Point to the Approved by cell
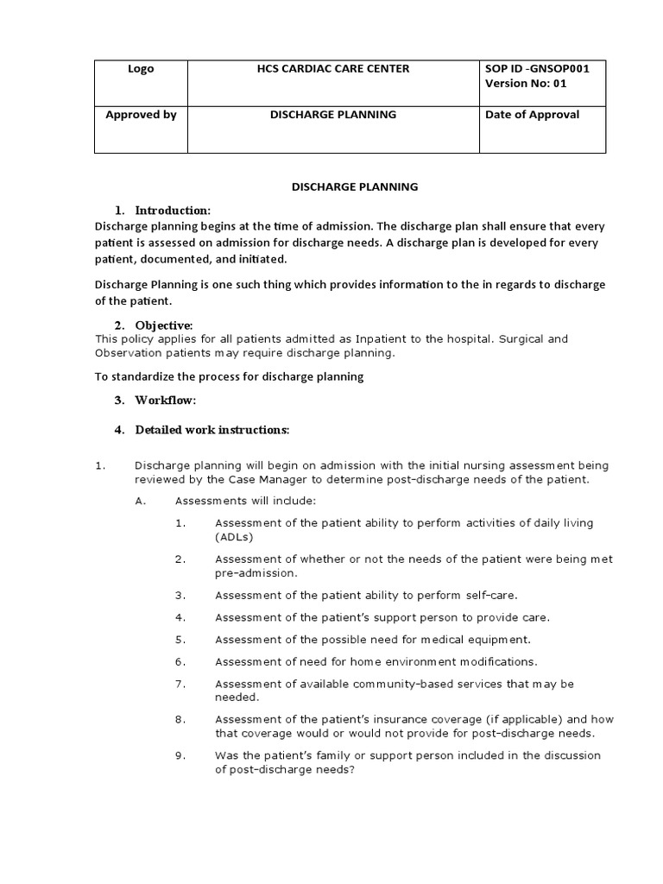click(141, 115)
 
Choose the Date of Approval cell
click(533, 115)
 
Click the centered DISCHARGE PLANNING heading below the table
click(354, 186)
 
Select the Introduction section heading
click(173, 211)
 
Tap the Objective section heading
click(163, 325)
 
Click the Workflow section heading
click(166, 401)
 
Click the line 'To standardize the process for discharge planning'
click(229, 376)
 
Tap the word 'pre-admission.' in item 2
click(256, 573)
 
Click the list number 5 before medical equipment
click(180, 640)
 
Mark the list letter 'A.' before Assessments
click(142, 501)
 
